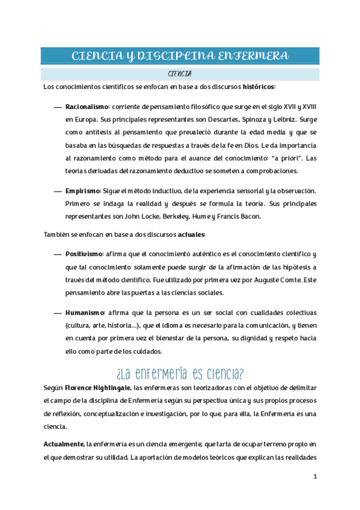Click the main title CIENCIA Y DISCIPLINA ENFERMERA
[x=180, y=57]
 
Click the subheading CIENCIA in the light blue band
[x=180, y=74]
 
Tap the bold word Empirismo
[x=82, y=191]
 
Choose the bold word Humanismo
[x=85, y=313]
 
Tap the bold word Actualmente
[x=64, y=444]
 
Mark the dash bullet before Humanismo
[x=58, y=313]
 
